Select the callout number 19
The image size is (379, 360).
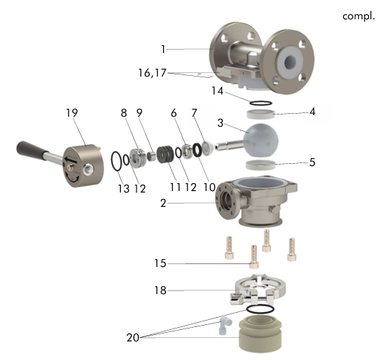(x=72, y=113)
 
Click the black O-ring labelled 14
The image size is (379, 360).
(x=260, y=103)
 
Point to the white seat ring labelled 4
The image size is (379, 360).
(x=261, y=114)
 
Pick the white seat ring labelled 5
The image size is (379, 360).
(x=260, y=165)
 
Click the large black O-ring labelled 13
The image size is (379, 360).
(x=117, y=161)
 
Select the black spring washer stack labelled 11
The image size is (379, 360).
(x=165, y=154)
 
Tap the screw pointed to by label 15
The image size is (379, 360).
(x=254, y=257)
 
